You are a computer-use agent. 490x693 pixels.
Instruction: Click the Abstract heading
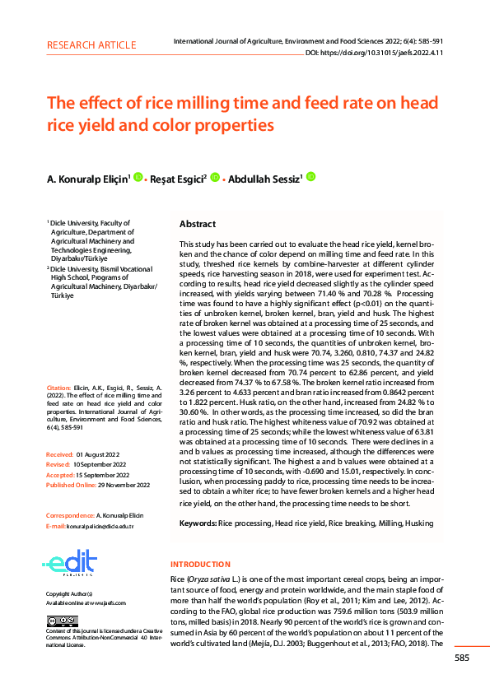tap(198, 224)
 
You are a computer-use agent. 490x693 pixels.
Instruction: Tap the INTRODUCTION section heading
tap(200, 564)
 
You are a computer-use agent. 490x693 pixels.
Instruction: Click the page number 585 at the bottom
tap(461, 657)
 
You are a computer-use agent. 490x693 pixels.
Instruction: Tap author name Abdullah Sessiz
tap(267, 177)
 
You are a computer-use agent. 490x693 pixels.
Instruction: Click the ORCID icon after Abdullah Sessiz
tap(311, 176)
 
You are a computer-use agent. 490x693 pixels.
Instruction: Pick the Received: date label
tap(60, 453)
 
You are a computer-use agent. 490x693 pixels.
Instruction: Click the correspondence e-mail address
tap(100, 525)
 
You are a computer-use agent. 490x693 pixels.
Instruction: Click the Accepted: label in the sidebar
tap(60, 475)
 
